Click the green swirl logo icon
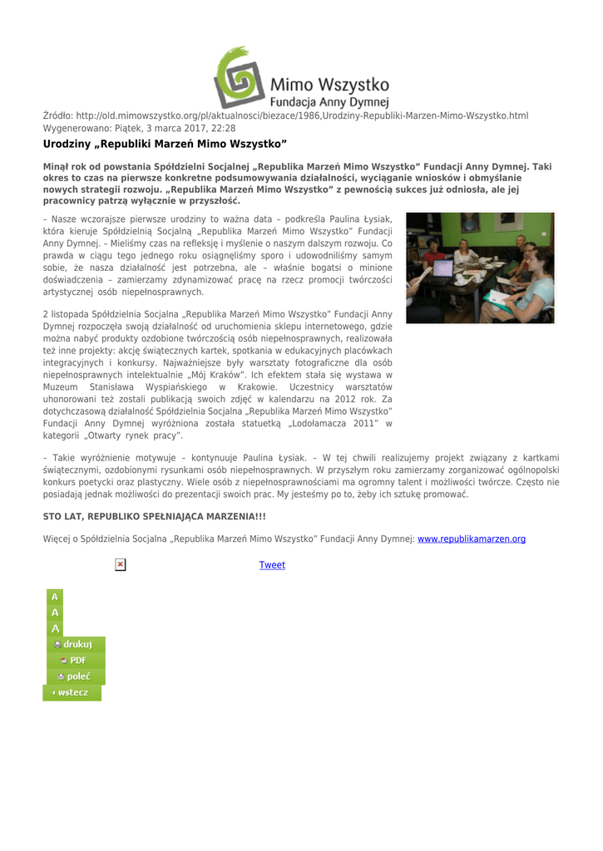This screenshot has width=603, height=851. click(240, 76)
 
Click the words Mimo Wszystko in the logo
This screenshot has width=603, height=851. click(330, 84)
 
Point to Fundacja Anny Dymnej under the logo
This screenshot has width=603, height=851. click(330, 101)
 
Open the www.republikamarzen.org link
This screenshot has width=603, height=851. click(471, 539)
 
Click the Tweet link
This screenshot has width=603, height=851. click(272, 565)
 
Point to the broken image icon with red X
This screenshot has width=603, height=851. click(120, 565)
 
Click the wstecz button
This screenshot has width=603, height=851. click(72, 692)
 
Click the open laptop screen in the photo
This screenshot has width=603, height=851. click(442, 268)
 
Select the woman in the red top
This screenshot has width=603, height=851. click(433, 255)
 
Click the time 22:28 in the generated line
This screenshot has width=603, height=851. click(223, 129)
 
